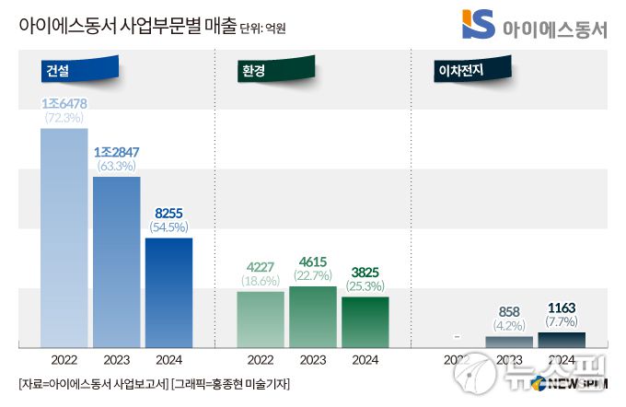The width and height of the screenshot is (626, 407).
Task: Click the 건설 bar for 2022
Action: (x=64, y=237)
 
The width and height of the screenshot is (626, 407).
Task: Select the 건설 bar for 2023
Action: (x=116, y=262)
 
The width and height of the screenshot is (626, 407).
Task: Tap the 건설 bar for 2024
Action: (x=168, y=292)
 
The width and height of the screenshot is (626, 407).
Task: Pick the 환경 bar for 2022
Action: (x=261, y=319)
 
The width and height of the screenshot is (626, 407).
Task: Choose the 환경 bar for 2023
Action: (x=313, y=316)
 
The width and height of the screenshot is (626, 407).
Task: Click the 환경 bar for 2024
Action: (x=365, y=321)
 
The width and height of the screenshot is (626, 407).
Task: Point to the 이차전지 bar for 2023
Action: (x=509, y=342)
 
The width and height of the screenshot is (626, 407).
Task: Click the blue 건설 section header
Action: (x=78, y=69)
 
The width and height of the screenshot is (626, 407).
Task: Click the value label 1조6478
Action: (x=64, y=103)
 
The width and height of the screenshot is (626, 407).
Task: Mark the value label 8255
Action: (x=168, y=212)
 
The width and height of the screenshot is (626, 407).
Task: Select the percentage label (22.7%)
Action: (x=313, y=276)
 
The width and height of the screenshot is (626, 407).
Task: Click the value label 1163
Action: (x=562, y=308)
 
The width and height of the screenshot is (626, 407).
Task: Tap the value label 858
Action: (x=509, y=311)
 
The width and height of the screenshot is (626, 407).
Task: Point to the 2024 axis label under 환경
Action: (x=365, y=359)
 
